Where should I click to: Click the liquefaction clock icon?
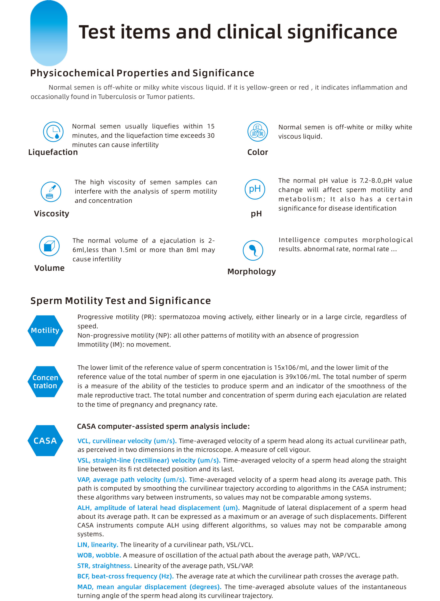(53, 132)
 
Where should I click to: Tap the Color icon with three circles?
(257, 131)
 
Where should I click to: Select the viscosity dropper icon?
(51, 192)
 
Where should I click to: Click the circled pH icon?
(255, 189)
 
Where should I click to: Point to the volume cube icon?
(49, 246)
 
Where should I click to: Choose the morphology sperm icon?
(253, 250)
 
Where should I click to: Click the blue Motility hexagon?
(45, 331)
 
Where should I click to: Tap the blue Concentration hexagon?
(45, 381)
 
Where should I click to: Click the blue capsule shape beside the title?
(49, 33)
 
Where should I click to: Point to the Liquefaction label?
(53, 152)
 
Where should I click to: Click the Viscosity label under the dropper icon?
(51, 213)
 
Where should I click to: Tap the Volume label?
(49, 268)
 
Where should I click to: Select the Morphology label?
(251, 271)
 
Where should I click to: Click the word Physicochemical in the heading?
(72, 73)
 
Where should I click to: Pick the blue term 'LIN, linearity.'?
(98, 544)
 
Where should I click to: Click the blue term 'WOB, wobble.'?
(99, 555)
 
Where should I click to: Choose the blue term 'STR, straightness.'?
(104, 566)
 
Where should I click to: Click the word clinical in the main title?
(249, 32)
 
